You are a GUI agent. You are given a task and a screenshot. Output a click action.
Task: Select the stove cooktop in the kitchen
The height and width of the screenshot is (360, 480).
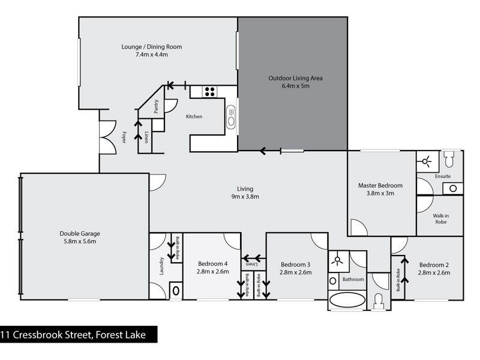point(210,92)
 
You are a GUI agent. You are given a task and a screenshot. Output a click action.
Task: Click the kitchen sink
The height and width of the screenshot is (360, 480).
point(232,116)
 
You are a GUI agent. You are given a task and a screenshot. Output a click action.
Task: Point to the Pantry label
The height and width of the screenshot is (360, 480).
point(157,106)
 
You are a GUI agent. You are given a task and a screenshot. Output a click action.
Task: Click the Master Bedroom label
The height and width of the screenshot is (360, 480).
point(381,185)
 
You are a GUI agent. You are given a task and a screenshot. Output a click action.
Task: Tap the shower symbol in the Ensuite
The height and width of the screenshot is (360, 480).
point(427,161)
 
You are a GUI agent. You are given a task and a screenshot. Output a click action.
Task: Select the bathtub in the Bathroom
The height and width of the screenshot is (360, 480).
point(347,300)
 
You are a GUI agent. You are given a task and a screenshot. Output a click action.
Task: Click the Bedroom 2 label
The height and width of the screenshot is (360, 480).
point(434,265)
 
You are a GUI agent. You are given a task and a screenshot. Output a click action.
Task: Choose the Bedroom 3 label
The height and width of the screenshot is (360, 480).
point(296,265)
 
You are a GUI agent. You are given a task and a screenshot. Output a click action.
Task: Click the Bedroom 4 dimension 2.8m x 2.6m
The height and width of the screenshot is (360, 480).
point(213,272)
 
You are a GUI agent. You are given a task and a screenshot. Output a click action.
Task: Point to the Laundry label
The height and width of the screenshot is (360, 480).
point(161,266)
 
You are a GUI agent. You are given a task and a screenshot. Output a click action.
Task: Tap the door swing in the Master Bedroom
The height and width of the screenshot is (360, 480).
point(358,228)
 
